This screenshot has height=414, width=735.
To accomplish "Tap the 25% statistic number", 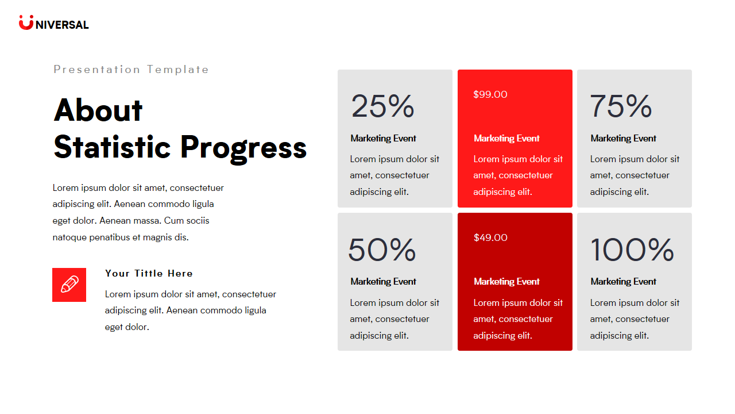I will click(x=382, y=106).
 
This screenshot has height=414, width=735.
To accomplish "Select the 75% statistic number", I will click(x=621, y=106).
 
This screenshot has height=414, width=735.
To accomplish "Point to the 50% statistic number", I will click(x=382, y=250).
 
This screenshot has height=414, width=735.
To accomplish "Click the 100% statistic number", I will click(x=632, y=250).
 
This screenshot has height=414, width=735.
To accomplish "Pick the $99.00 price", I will click(x=490, y=94).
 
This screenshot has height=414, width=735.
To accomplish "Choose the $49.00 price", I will click(x=490, y=237).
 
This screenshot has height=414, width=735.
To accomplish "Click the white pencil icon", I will click(x=69, y=285).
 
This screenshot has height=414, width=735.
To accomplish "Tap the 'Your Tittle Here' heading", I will click(x=149, y=273).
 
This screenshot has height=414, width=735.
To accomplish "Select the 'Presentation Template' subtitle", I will click(x=131, y=70).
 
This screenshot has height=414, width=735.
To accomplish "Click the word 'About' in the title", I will click(x=98, y=110).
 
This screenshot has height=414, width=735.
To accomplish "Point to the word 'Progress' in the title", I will click(x=243, y=147).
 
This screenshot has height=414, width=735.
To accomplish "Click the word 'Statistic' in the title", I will click(x=112, y=147).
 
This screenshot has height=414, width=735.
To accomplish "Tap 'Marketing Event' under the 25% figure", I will click(x=383, y=139).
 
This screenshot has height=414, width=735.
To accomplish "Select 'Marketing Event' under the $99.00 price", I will click(x=506, y=139).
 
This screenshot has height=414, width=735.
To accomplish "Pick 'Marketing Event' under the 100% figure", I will click(x=623, y=282).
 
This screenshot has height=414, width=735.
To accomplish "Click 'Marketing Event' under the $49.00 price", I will click(x=506, y=282).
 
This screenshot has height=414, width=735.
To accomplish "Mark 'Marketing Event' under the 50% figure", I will click(x=383, y=282).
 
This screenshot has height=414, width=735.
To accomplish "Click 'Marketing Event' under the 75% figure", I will click(x=623, y=139).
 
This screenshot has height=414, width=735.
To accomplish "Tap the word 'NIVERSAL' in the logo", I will click(x=62, y=25).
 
